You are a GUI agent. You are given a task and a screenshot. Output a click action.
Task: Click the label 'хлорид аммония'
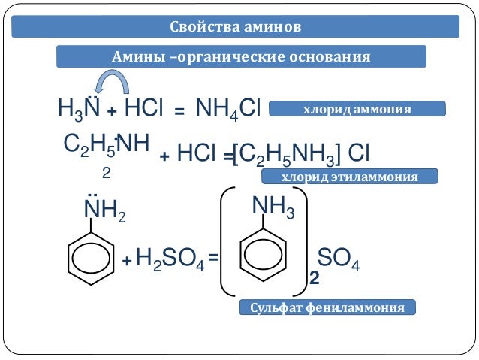pyautogui.click(x=357, y=110)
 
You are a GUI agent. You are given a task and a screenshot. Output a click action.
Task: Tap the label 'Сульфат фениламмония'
pyautogui.click(x=327, y=308)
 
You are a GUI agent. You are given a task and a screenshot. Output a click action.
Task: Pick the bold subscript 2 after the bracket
pyautogui.click(x=314, y=279)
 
